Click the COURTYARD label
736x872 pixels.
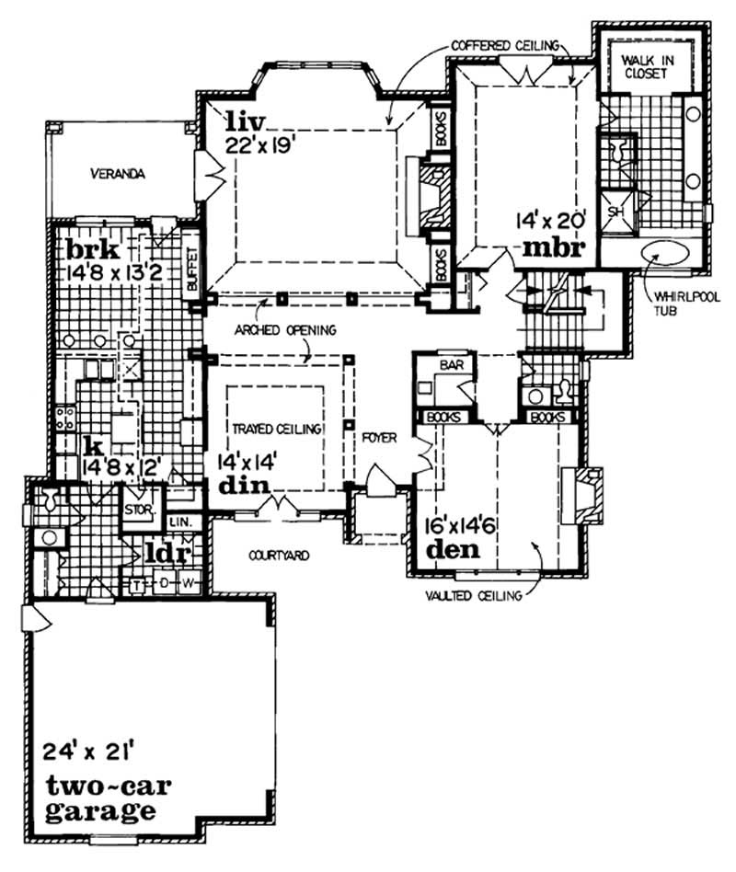[277, 556]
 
